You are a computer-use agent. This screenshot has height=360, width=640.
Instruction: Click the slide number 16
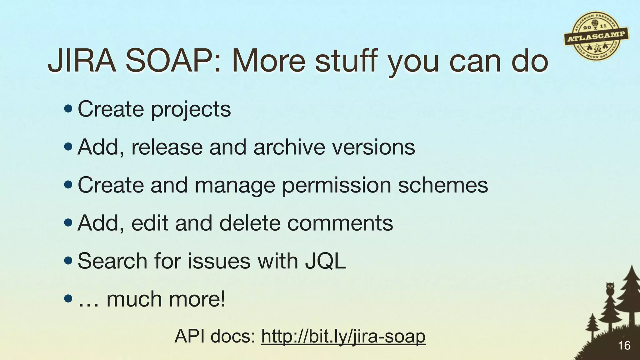pos(624,346)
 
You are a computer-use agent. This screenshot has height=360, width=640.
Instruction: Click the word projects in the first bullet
pos(191,110)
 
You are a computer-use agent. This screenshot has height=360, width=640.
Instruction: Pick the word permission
pos(336,185)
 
